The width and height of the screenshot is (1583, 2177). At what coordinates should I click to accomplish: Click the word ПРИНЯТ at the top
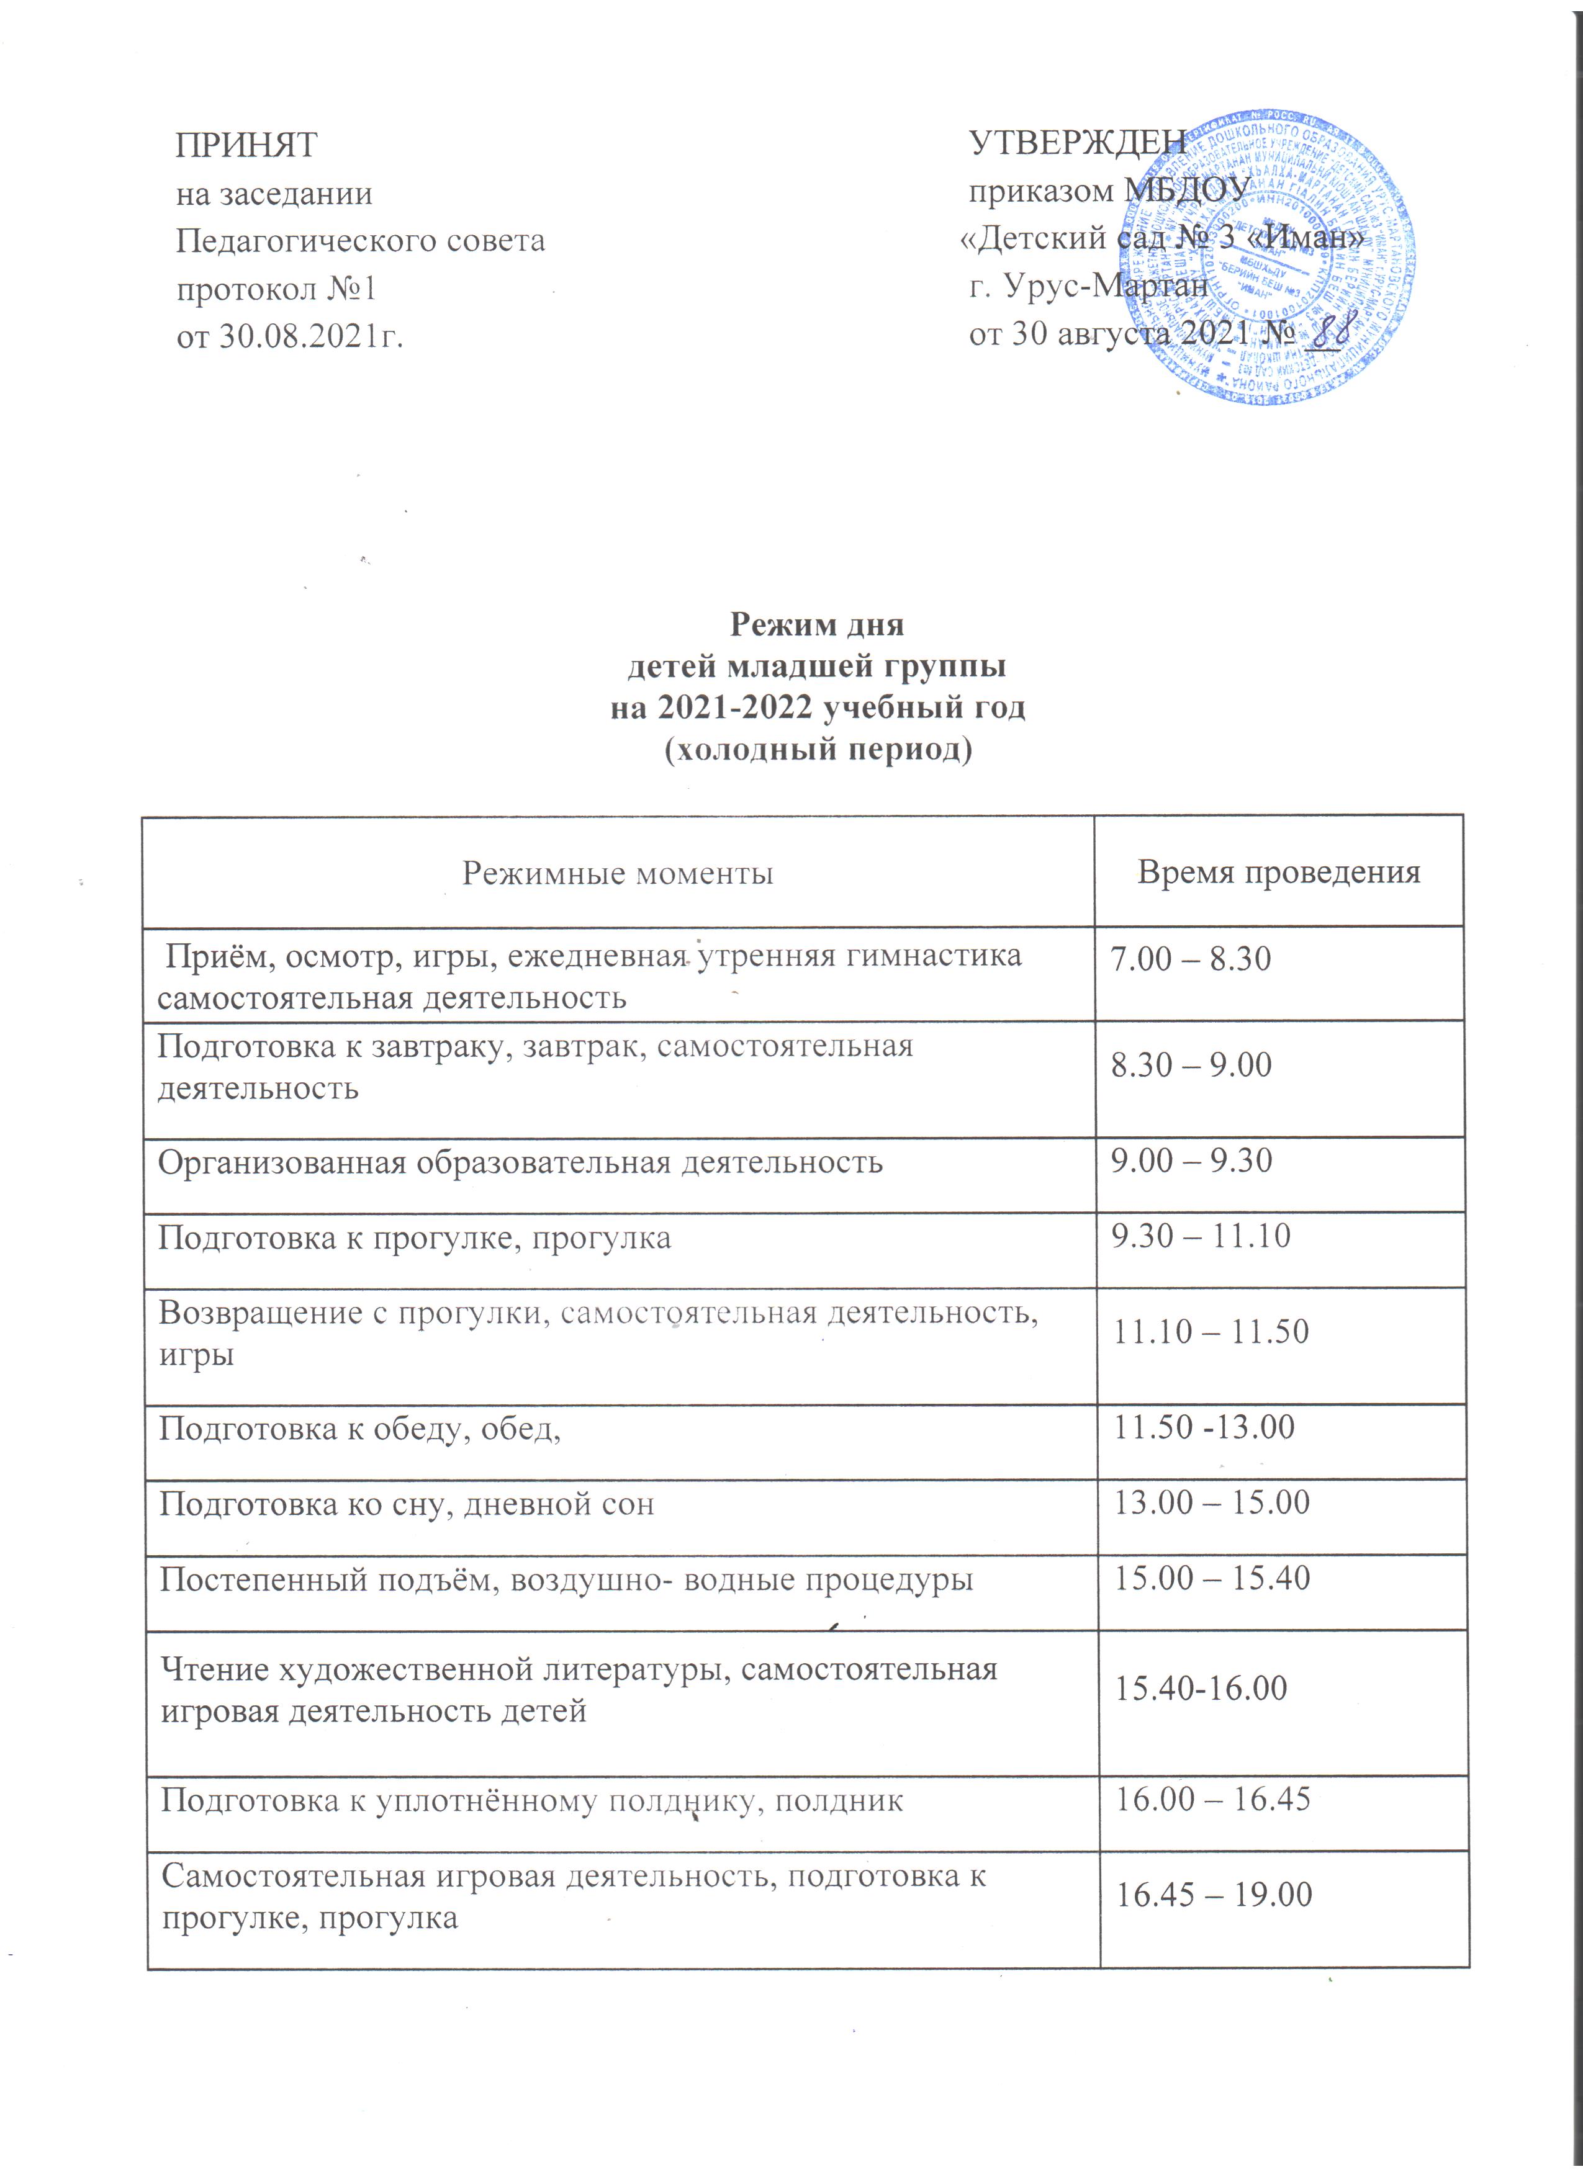pos(246,146)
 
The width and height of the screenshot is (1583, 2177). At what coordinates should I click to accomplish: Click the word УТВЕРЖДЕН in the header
pos(1077,142)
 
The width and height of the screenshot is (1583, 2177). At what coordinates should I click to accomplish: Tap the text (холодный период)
pos(819,750)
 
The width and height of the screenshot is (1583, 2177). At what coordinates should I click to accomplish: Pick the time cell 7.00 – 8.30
pos(1191,959)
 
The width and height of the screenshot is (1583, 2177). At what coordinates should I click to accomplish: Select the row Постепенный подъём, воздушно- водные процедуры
pos(566,1578)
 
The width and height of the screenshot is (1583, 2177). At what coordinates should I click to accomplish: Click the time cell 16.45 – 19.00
pos(1212,1894)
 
